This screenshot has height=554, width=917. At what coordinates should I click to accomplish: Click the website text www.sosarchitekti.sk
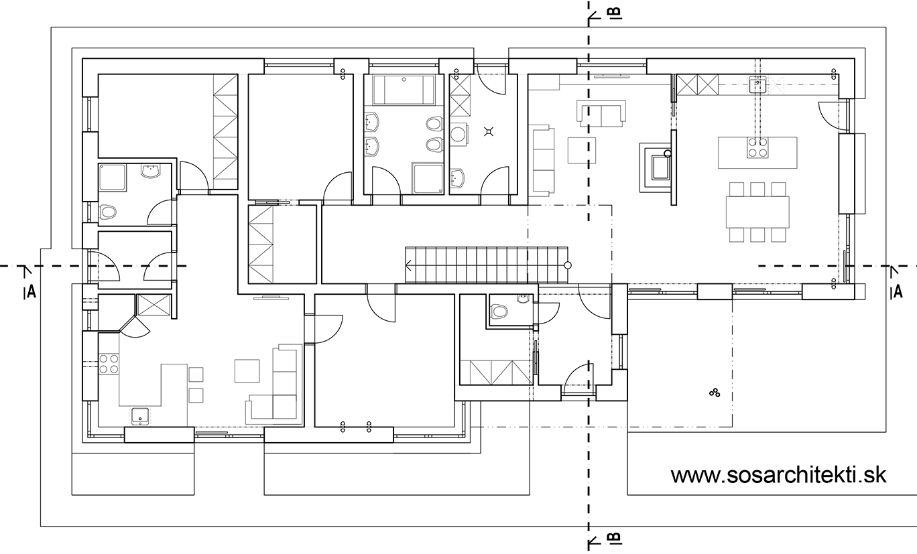(x=778, y=475)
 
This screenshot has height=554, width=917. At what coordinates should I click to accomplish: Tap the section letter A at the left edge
(x=32, y=291)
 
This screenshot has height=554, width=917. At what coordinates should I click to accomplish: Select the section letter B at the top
(x=617, y=13)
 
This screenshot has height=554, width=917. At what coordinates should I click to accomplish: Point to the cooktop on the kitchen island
(x=757, y=147)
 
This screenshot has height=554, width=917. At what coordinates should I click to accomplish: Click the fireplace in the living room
(x=656, y=167)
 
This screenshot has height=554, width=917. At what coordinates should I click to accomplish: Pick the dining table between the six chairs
(x=757, y=212)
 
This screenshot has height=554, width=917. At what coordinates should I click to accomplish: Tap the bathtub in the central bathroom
(x=404, y=90)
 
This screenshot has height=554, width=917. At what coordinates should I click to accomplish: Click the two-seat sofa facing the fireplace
(x=601, y=113)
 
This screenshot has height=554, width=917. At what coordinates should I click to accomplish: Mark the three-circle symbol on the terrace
(x=715, y=393)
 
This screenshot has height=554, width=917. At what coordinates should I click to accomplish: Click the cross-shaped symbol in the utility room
(x=489, y=131)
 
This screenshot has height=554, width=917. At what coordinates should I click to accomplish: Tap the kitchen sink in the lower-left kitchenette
(x=141, y=417)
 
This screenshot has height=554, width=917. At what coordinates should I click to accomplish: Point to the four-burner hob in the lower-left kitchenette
(x=109, y=364)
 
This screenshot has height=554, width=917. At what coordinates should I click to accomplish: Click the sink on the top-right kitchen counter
(x=758, y=84)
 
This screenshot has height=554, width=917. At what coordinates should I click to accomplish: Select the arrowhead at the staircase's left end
(x=408, y=265)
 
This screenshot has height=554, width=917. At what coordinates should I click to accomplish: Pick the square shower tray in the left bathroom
(x=112, y=178)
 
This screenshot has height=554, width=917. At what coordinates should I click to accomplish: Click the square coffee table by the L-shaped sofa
(x=247, y=370)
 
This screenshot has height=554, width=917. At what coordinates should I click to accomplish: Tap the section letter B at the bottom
(x=617, y=539)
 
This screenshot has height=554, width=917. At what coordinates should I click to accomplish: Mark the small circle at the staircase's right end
(x=568, y=265)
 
